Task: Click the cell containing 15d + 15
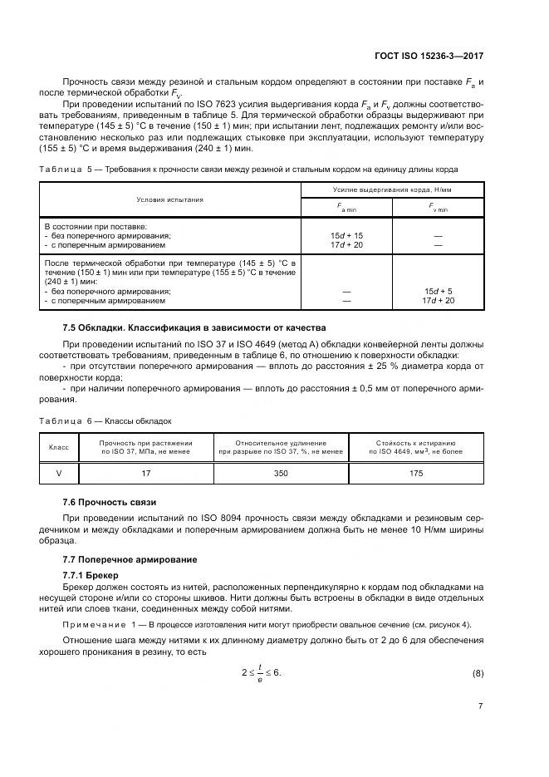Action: click(x=346, y=235)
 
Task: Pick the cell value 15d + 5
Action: click(x=438, y=291)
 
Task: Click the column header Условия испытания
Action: click(x=170, y=199)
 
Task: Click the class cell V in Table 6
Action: click(x=58, y=473)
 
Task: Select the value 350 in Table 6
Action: click(x=281, y=473)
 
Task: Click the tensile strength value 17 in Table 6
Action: click(x=146, y=473)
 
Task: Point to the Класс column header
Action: click(x=58, y=448)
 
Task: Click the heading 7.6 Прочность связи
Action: click(x=109, y=503)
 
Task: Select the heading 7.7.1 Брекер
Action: click(x=91, y=575)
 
